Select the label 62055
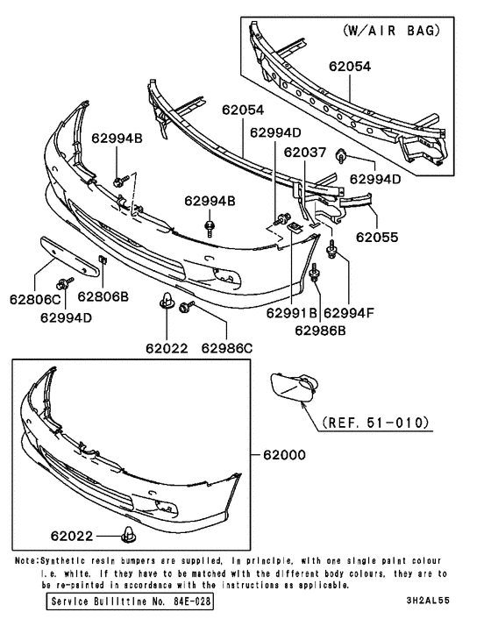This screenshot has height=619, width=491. (x=377, y=237)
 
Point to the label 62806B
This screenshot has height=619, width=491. (x=108, y=297)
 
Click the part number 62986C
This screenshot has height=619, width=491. (x=226, y=348)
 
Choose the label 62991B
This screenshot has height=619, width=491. (x=293, y=313)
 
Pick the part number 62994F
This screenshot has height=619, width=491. (x=349, y=313)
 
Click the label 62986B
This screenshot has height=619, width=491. (x=320, y=331)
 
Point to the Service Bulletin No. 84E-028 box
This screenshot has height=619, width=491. (x=131, y=603)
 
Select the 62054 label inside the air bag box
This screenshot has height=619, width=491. (x=350, y=66)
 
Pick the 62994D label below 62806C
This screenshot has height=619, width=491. (x=66, y=317)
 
